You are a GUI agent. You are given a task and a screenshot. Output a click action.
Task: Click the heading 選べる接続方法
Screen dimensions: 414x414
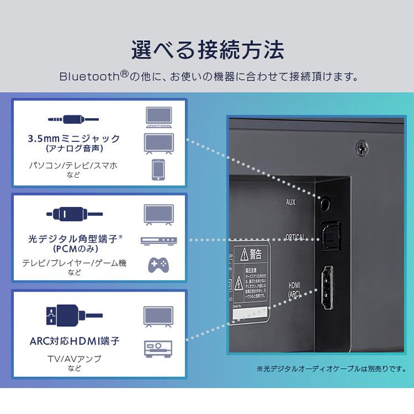click(207, 50)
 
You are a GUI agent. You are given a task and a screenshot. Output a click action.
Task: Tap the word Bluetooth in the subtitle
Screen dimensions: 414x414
click(93, 76)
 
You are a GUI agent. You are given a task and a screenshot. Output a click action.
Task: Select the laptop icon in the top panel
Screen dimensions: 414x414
click(158, 116)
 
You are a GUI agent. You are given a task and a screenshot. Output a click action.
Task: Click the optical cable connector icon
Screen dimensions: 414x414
click(74, 213)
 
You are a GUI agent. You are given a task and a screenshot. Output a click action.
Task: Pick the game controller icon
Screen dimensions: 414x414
click(158, 265)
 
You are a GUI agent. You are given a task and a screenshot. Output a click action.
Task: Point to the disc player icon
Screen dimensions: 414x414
click(158, 241)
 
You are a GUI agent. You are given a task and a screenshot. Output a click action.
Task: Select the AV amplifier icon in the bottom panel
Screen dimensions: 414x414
click(158, 348)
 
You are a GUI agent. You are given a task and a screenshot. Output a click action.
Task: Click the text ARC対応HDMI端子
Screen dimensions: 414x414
click(75, 341)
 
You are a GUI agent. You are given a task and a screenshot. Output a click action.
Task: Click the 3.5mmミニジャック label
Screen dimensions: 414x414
click(74, 138)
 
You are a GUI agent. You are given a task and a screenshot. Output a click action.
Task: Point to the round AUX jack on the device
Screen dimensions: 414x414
click(326, 203)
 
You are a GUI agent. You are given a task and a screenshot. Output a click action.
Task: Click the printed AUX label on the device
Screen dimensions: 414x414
click(290, 203)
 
